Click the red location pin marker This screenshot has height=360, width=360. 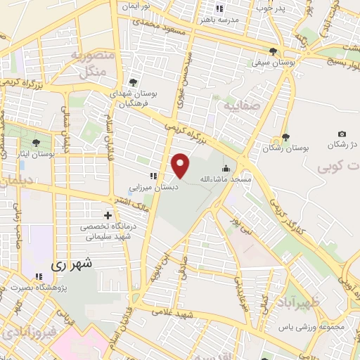pyautogui.click(x=181, y=166)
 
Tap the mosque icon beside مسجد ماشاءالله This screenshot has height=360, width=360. pyautogui.click(x=226, y=168)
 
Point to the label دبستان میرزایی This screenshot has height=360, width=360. pyautogui.click(x=153, y=188)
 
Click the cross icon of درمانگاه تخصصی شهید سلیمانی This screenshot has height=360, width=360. pyautogui.click(x=108, y=215)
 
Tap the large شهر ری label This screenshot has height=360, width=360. pyautogui.click(x=72, y=264)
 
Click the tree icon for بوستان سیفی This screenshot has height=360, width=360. pyautogui.click(x=273, y=51)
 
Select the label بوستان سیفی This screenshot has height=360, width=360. pyautogui.click(x=272, y=62)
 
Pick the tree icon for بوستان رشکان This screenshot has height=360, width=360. pyautogui.click(x=285, y=137)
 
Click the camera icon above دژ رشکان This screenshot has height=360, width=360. pyautogui.click(x=342, y=134)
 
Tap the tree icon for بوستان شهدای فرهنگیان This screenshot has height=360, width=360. pyautogui.click(x=133, y=82)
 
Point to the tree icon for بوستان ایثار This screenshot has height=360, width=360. pyautogui.click(x=36, y=143)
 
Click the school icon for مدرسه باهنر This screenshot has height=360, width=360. pyautogui.click(x=219, y=8)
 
